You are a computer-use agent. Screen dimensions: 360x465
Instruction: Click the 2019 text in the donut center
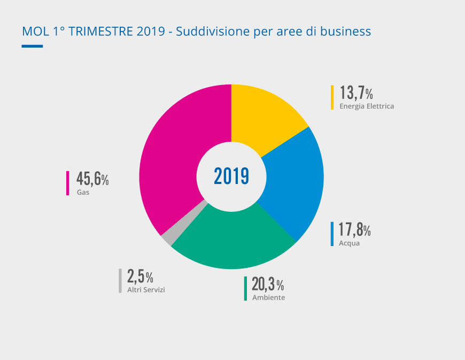231,176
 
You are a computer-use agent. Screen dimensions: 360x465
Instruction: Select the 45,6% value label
92,179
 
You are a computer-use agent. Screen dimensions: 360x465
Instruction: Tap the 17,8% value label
354,230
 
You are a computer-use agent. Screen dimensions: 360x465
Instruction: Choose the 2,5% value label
140,277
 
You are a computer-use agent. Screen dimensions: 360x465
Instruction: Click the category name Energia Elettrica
367,106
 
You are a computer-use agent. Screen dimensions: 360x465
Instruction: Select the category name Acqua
349,243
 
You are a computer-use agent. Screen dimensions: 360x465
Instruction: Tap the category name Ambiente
268,297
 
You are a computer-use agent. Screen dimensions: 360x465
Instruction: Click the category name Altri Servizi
146,290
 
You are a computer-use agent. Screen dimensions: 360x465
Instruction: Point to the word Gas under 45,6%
83,192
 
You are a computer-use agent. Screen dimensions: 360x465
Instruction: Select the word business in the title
345,32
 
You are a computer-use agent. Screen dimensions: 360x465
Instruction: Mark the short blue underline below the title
32,46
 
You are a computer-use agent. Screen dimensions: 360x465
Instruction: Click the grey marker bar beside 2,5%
120,281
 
